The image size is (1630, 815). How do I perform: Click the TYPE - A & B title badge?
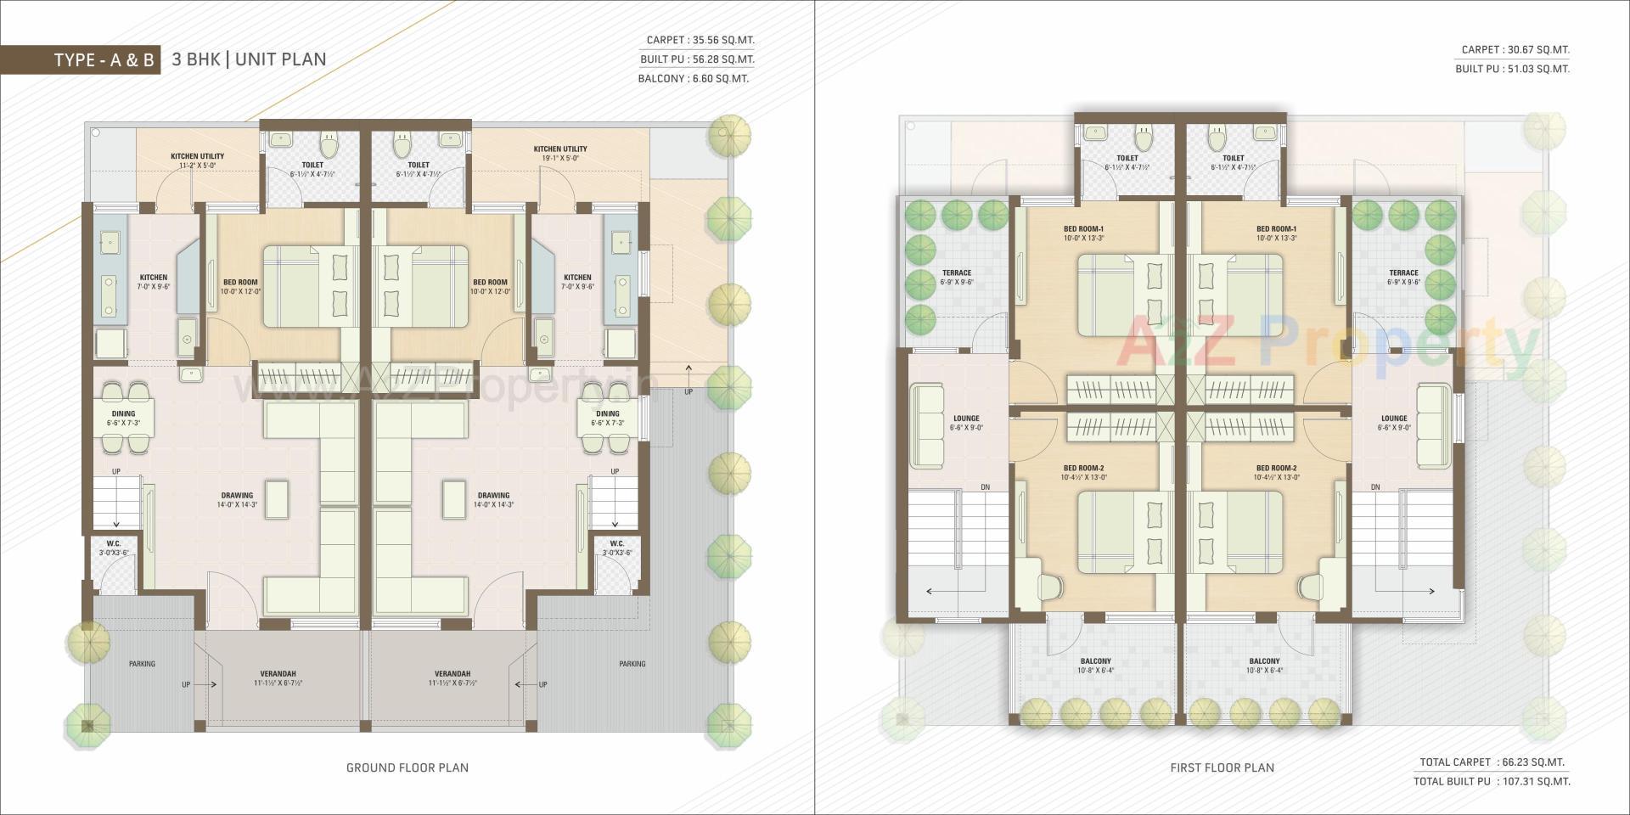(x=104, y=60)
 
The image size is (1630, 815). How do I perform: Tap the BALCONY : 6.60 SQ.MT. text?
(x=694, y=79)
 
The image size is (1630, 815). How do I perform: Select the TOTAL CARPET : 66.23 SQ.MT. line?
(x=1492, y=762)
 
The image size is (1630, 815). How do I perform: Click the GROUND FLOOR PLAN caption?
(x=407, y=767)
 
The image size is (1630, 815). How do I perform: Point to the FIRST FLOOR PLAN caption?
(x=1222, y=767)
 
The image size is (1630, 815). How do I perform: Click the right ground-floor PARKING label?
(x=632, y=664)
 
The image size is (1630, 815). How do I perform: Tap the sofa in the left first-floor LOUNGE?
(x=928, y=426)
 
